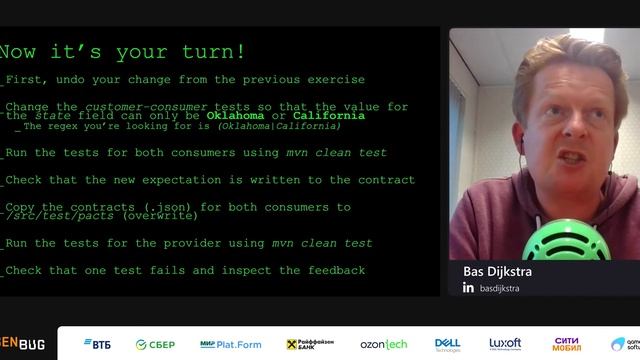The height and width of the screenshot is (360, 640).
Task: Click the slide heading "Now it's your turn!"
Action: tap(121, 52)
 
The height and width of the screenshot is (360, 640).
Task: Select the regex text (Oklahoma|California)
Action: tap(277, 126)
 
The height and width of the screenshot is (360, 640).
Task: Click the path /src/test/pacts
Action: tap(61, 216)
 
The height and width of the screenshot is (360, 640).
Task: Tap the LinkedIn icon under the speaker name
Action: tap(468, 288)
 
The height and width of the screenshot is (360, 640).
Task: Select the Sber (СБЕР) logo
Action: tap(156, 344)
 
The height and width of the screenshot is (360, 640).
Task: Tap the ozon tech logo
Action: tap(383, 344)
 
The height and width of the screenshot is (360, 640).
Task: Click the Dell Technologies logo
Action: tap(447, 344)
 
